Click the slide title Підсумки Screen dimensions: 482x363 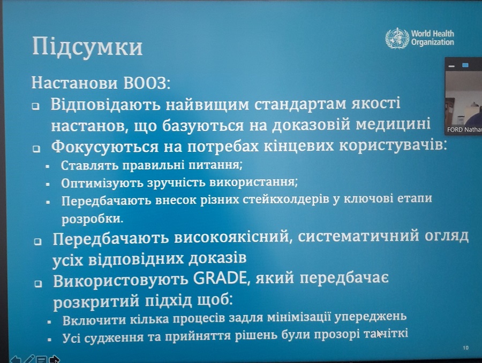tap(87, 47)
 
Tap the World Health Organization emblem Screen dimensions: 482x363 tap(397, 38)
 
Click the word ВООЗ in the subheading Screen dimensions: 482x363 tap(147, 83)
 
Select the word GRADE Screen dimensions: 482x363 tap(220, 279)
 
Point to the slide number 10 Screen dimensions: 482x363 tap(466, 347)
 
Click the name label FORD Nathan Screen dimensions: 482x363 tap(464, 130)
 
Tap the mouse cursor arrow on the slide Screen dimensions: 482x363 tap(379, 334)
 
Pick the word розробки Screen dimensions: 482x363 tap(92, 219)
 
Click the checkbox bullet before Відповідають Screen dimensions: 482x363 tap(36, 106)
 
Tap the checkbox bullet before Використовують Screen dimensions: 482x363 tap(38, 283)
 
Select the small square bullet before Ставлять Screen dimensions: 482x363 tap(47, 167)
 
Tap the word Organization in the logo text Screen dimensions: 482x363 tap(433, 42)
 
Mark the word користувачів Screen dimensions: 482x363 tap(393, 145)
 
